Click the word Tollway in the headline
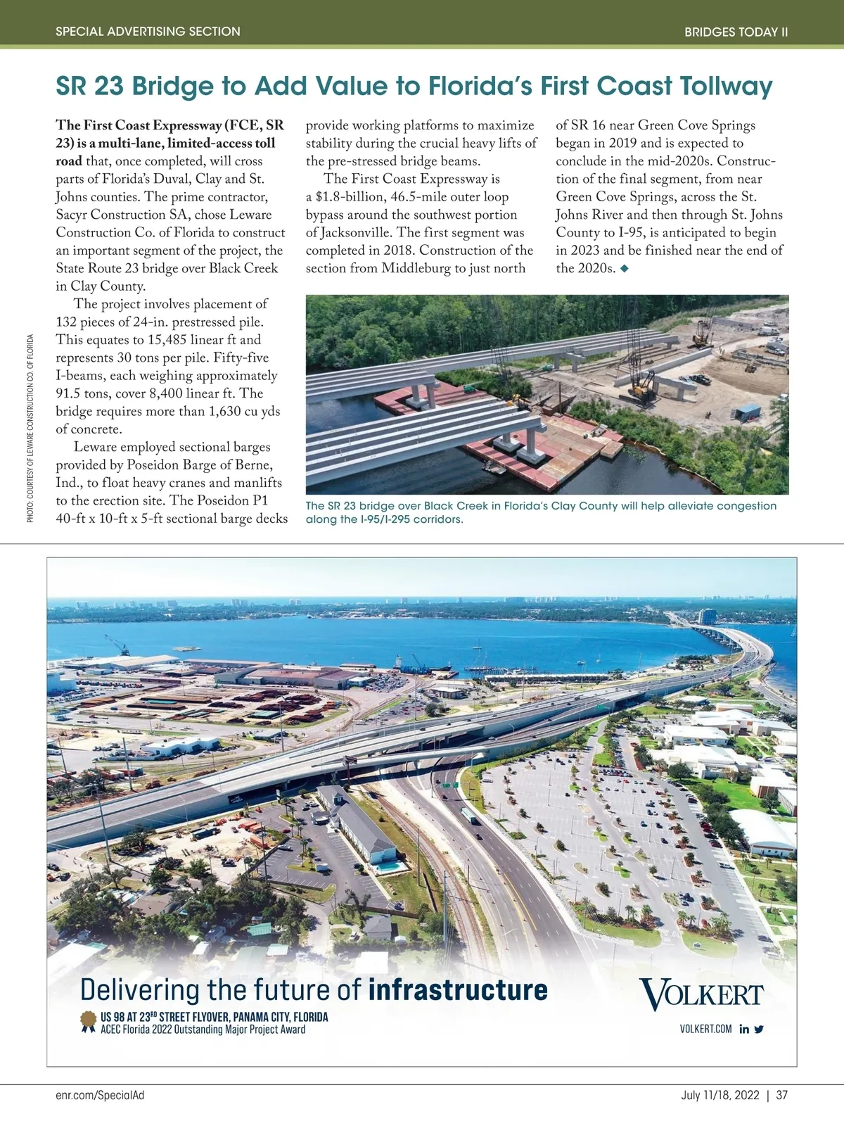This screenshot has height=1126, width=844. [x=725, y=86]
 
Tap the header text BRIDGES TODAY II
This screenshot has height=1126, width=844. [x=736, y=32]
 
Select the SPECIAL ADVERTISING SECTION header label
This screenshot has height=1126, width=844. [x=148, y=32]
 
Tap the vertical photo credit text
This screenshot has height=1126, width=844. [x=30, y=428]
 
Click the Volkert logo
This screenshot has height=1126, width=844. [x=701, y=994]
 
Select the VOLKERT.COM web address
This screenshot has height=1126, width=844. [x=705, y=1029]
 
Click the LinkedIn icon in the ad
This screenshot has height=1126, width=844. [x=744, y=1029]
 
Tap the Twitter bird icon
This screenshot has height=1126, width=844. [x=759, y=1029]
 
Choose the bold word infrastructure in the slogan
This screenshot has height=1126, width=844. [x=458, y=989]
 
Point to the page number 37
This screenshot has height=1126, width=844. [x=782, y=1095]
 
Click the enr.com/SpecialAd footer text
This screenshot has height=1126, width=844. [x=100, y=1095]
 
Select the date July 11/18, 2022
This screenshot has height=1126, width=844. [x=720, y=1095]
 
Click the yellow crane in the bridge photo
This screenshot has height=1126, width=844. [x=640, y=386]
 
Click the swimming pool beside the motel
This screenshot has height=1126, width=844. [x=385, y=867]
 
